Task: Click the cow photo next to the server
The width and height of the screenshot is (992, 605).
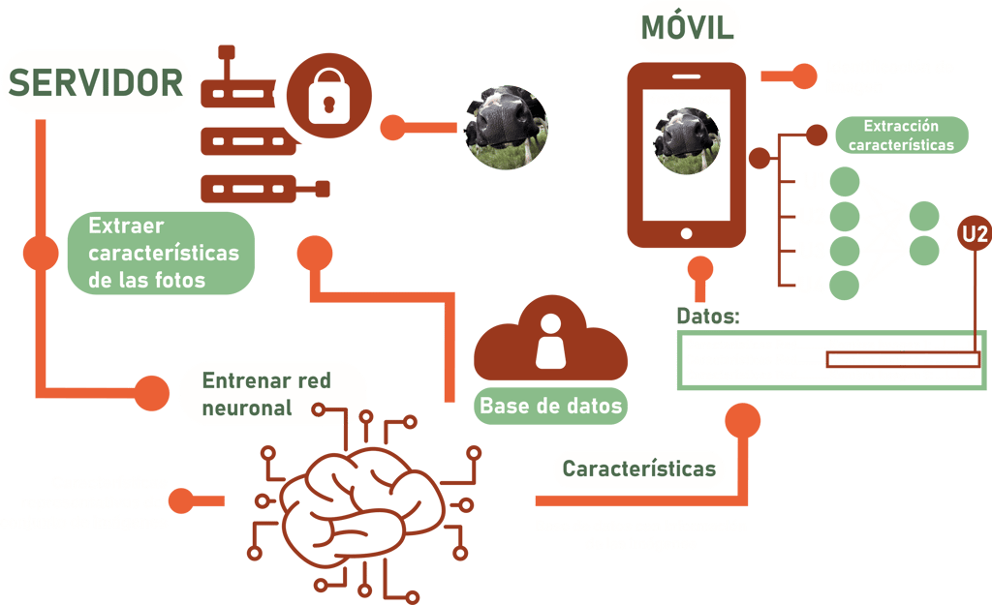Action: tap(503, 127)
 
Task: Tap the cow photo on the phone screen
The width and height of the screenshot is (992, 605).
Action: tap(686, 141)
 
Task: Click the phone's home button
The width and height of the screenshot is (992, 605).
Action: tap(687, 233)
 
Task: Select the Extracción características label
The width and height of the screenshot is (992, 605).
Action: tap(901, 136)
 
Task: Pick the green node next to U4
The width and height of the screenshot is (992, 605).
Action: tap(845, 284)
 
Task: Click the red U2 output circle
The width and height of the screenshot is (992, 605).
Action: tap(974, 232)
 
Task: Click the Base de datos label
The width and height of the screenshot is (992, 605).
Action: tap(550, 405)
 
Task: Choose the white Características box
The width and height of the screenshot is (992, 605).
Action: tap(638, 469)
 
